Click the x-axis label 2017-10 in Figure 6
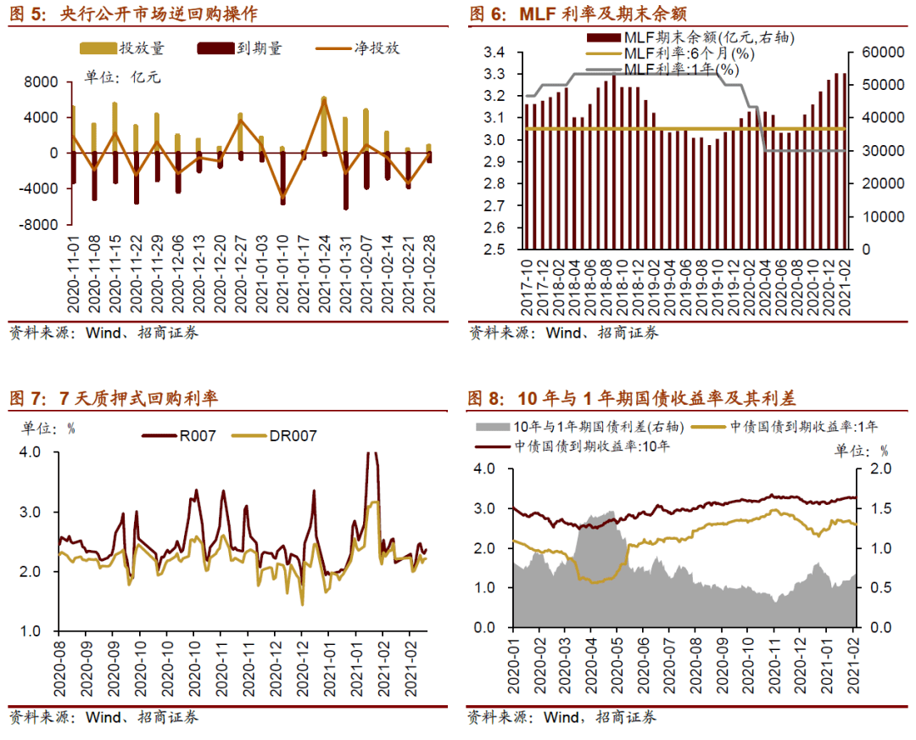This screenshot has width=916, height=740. tap(527, 284)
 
